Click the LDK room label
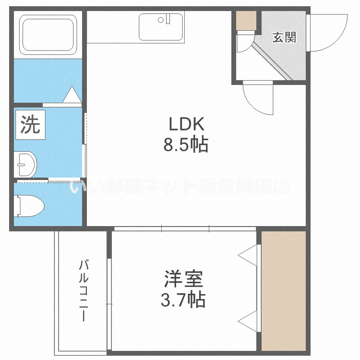[x=187, y=125]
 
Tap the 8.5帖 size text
[x=186, y=144]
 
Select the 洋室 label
[x=183, y=279]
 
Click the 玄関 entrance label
[x=284, y=37]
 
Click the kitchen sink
[x=161, y=27]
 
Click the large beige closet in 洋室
[x=284, y=290]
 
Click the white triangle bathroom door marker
[x=72, y=95]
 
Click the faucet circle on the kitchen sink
[x=168, y=20]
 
